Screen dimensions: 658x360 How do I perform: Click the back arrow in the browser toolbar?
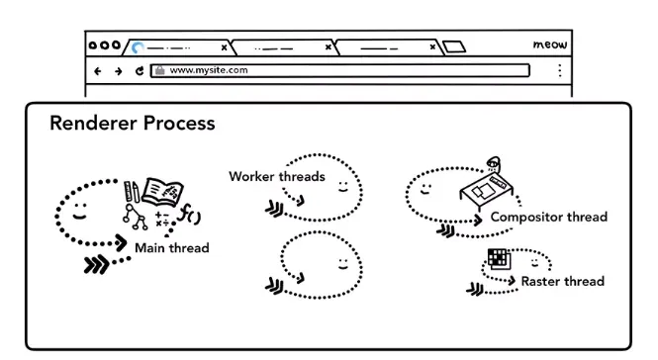(x=97, y=71)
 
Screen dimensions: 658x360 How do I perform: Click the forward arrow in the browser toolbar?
(x=119, y=71)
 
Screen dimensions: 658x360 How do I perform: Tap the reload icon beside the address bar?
(x=140, y=71)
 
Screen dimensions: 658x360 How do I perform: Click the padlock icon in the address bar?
(x=160, y=70)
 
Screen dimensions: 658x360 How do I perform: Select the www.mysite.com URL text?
(x=209, y=70)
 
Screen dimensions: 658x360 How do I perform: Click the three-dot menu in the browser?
(x=560, y=70)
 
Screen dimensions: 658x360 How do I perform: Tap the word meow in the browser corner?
(x=550, y=45)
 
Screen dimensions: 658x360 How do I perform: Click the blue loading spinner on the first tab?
(x=138, y=47)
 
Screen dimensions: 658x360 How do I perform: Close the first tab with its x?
(x=224, y=47)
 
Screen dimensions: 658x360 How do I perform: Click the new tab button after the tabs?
(x=454, y=46)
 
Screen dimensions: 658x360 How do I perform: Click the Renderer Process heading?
(x=133, y=123)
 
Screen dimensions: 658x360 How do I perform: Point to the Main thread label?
(x=172, y=247)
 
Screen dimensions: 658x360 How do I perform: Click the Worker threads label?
(x=277, y=176)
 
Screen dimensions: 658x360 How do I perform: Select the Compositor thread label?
(x=549, y=217)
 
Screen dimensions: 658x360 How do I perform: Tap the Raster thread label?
(x=563, y=281)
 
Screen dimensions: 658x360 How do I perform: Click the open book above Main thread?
(x=163, y=193)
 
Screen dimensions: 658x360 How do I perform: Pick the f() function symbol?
(x=189, y=214)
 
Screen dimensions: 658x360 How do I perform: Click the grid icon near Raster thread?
(x=500, y=258)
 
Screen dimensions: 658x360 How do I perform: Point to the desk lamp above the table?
(x=494, y=163)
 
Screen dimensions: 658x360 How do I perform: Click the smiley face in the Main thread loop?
(x=79, y=212)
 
